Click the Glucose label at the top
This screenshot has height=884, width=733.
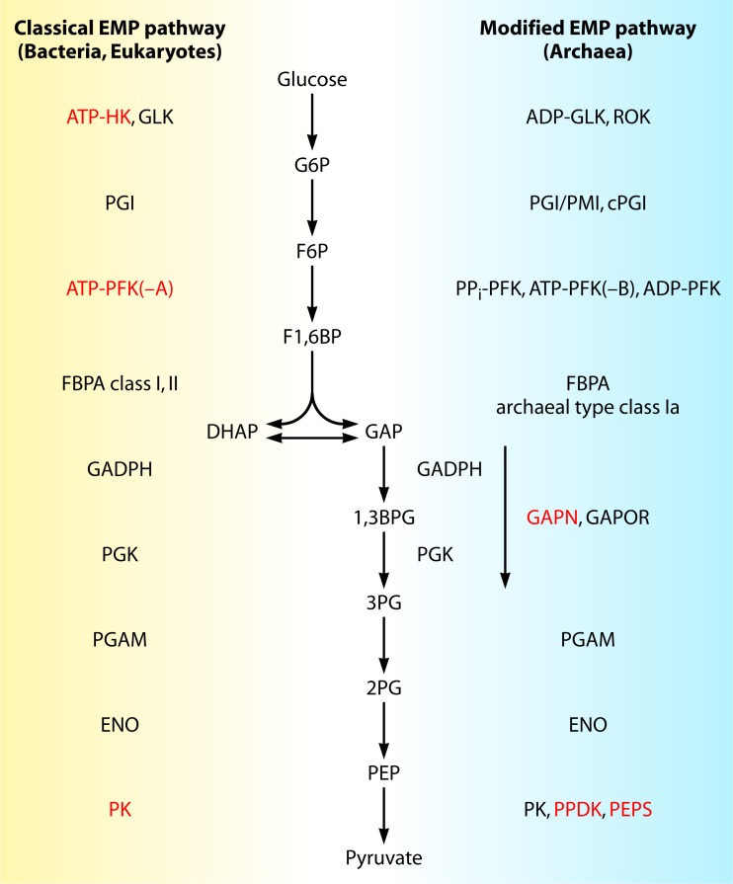tap(312, 80)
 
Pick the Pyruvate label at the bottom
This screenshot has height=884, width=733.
tap(382, 857)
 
